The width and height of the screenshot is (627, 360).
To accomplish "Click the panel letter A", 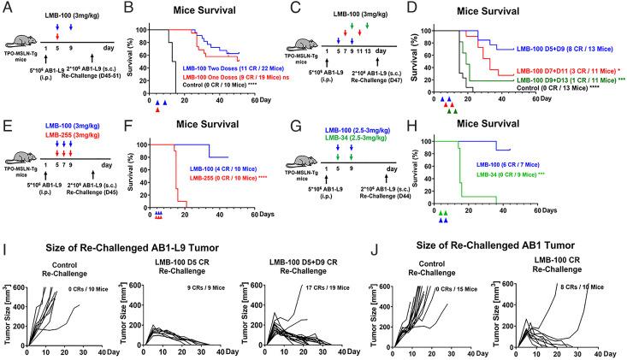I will (x=7, y=7).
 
